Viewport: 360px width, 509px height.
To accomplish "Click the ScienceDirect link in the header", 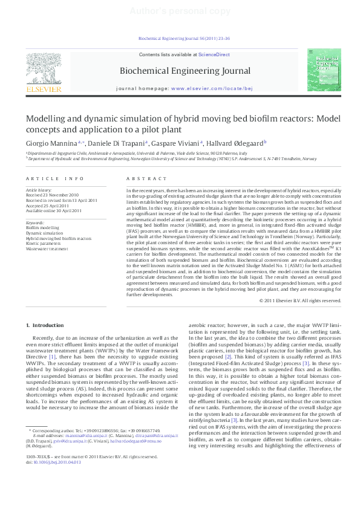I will (214, 55).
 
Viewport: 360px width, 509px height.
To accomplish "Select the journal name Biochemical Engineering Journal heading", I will (185, 71).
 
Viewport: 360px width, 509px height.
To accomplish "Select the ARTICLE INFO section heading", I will (54, 179).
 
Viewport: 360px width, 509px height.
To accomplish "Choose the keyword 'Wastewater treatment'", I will (47, 248).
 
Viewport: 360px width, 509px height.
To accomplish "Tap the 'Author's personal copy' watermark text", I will (180, 10).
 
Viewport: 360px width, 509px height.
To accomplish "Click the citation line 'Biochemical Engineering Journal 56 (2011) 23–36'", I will (180, 38).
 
